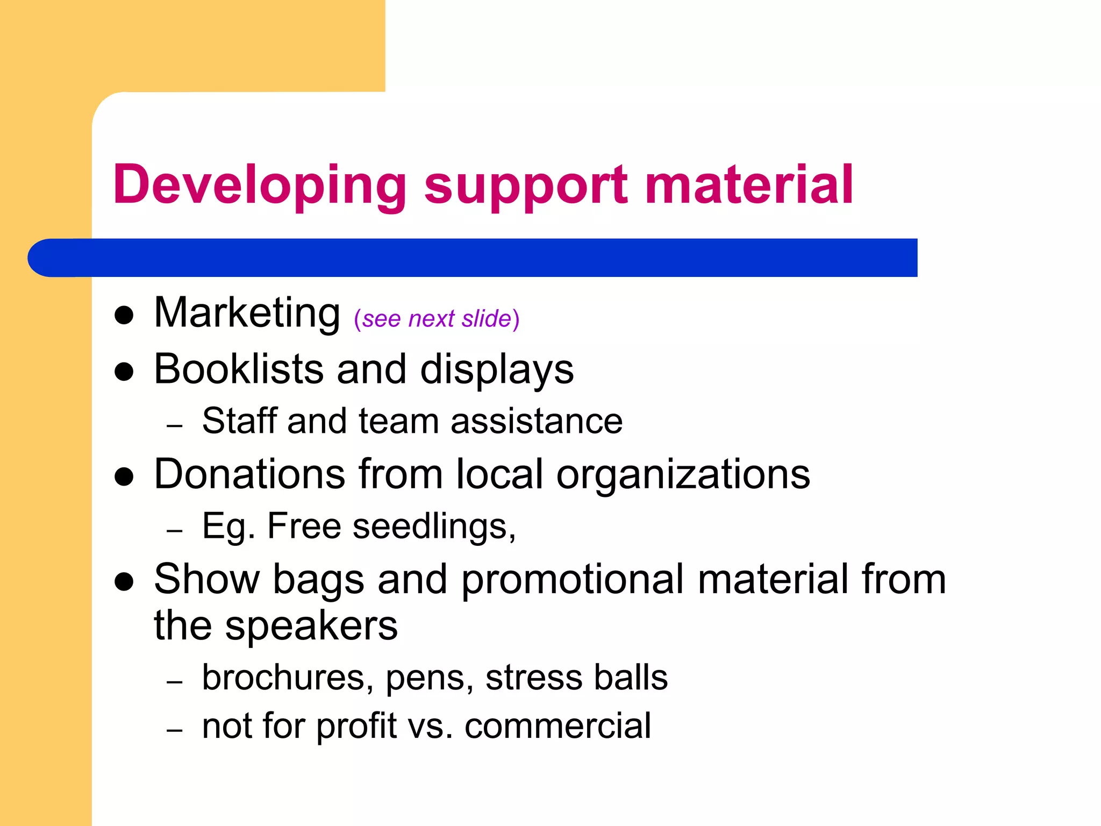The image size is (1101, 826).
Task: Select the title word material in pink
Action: coord(748,184)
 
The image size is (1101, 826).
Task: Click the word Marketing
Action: coord(247,313)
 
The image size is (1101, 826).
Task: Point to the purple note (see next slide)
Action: coord(437,319)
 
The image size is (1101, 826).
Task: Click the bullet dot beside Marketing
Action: coord(124,316)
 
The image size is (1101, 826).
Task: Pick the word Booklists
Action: coord(239,369)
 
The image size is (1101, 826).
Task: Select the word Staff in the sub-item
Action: coord(239,421)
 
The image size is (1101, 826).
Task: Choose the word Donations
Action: coord(249,474)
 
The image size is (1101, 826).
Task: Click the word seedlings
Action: coord(434,526)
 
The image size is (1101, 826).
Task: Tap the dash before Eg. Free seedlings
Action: coord(175,531)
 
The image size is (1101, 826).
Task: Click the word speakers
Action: coord(311,626)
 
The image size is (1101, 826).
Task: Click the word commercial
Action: coord(557,726)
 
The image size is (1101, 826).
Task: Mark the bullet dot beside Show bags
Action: coord(124,582)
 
